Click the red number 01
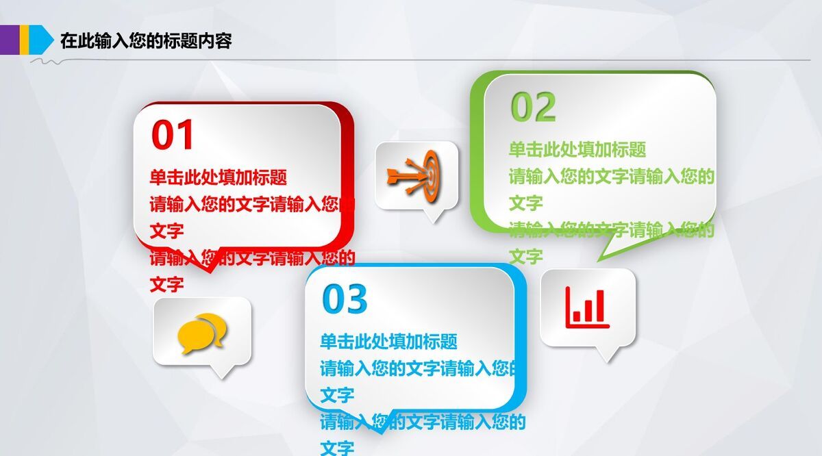pyautogui.click(x=173, y=135)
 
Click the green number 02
pyautogui.click(x=533, y=107)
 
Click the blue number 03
pyautogui.click(x=345, y=299)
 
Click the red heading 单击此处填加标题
pyautogui.click(x=218, y=177)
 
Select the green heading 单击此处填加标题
pyautogui.click(x=577, y=149)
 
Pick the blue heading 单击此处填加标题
pyautogui.click(x=388, y=341)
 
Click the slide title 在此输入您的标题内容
pyautogui.click(x=146, y=41)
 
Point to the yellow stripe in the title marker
pyautogui.click(x=24, y=39)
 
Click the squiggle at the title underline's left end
pyautogui.click(x=47, y=62)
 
